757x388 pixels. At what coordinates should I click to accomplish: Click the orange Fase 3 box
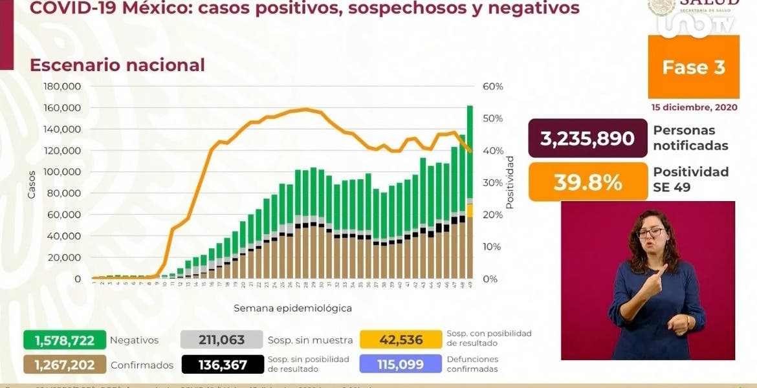tap(693, 67)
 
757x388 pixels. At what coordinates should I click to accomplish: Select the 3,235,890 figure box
tap(587, 138)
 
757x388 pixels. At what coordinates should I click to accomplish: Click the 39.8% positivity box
tap(587, 182)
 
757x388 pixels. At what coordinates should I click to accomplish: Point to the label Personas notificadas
tap(690, 138)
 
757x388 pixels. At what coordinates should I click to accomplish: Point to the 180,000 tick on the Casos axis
tap(62, 87)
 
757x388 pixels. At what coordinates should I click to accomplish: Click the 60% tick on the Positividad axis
tap(493, 87)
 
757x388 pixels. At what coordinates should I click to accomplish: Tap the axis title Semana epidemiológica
tap(292, 308)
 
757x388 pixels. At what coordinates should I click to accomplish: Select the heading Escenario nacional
tap(117, 65)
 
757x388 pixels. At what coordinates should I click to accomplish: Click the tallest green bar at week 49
tap(470, 149)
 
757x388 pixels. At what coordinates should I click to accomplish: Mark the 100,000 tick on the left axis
tap(62, 172)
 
